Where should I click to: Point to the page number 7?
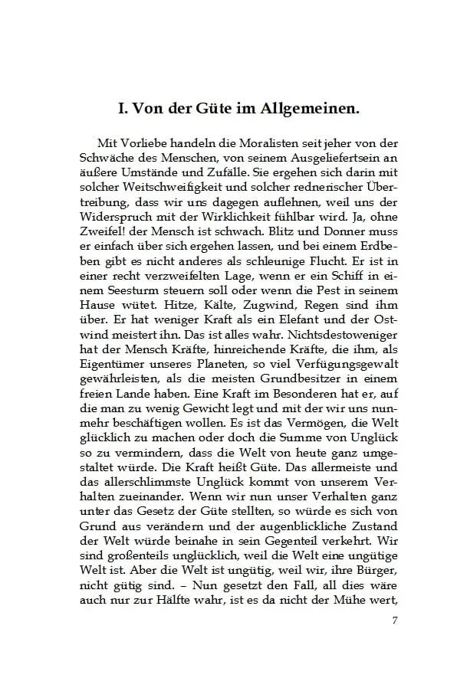coord(394,620)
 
